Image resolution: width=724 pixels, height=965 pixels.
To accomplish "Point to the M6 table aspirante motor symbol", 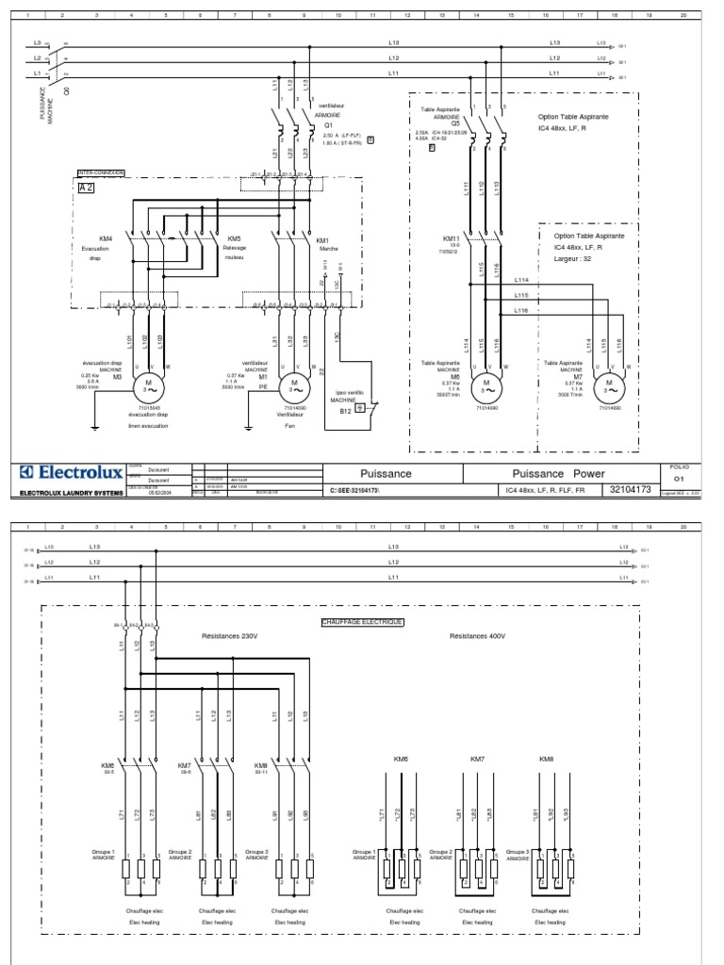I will (487, 385).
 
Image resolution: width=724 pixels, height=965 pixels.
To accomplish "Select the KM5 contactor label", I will (235, 239).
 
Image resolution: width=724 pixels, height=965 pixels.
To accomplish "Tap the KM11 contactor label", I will (451, 239).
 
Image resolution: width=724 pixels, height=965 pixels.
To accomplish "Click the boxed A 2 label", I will (86, 187).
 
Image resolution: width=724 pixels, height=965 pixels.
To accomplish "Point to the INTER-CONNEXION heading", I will (101, 173).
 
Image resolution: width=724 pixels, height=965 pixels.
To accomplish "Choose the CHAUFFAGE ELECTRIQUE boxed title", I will (362, 623).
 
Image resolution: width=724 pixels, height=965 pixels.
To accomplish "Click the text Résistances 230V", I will (229, 636).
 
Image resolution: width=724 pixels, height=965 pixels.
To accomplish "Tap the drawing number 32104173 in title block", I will (631, 490).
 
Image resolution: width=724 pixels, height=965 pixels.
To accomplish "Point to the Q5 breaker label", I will (455, 123).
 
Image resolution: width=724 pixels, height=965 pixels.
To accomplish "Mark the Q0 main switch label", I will (67, 91).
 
